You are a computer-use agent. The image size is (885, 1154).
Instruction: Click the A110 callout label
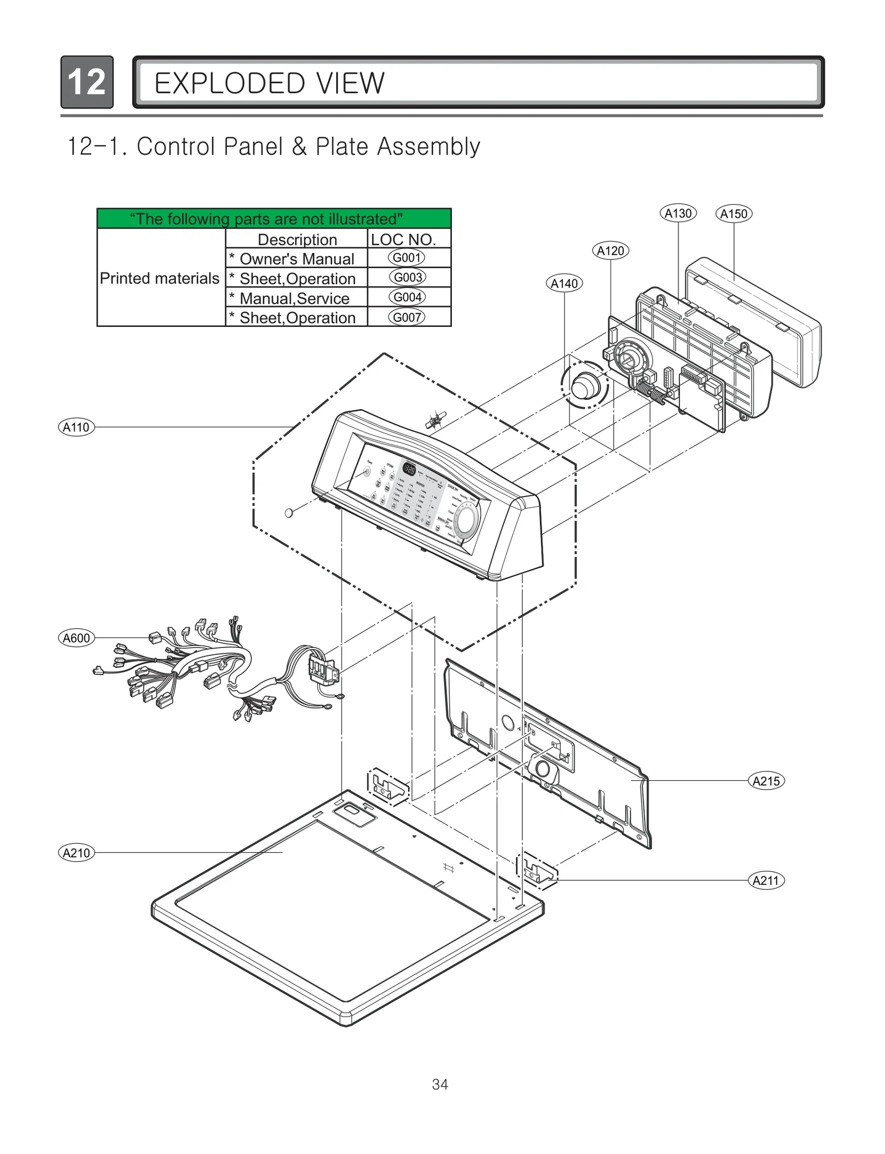(76, 427)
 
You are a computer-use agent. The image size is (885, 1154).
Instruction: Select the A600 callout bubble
(76, 638)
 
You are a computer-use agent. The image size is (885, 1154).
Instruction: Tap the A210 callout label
(76, 853)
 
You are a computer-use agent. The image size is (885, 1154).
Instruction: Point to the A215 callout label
(766, 781)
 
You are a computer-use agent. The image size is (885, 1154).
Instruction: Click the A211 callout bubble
(766, 880)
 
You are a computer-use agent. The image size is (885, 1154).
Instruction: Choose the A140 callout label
(564, 283)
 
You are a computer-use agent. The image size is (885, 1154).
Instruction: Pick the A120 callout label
(610, 250)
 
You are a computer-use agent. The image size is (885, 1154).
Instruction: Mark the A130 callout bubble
(678, 213)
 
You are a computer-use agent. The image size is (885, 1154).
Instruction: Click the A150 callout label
(733, 213)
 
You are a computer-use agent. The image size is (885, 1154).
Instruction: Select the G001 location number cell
(407, 258)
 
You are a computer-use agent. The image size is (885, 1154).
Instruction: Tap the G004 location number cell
(407, 297)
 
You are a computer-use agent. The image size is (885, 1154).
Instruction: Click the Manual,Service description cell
(296, 298)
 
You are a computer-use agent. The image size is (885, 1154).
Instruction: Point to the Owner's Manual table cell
(296, 258)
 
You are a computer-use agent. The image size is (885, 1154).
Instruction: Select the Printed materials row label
(160, 278)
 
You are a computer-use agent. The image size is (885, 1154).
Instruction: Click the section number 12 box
(87, 82)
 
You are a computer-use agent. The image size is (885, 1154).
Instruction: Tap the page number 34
(440, 1084)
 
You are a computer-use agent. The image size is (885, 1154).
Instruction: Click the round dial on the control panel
(467, 521)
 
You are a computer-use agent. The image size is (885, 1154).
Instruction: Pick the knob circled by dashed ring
(584, 385)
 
